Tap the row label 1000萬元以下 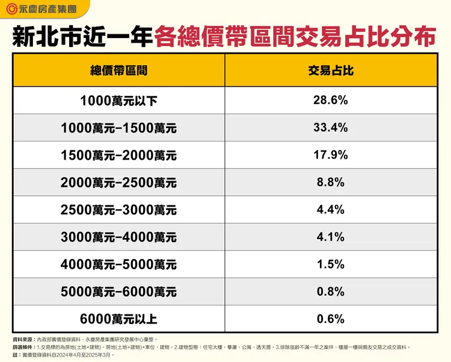[118, 101]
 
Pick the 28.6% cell [330, 101]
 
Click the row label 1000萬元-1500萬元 [118, 128]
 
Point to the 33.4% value [330, 128]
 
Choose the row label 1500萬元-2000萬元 [118, 156]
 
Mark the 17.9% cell [330, 155]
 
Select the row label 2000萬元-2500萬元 [118, 183]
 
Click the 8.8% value [330, 183]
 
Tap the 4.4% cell [330, 210]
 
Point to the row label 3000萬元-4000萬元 [118, 237]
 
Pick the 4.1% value [330, 237]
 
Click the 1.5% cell [330, 264]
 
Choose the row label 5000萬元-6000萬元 [118, 292]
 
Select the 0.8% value [330, 292]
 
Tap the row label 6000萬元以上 [118, 319]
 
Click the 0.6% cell [330, 319]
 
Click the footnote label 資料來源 [23, 340]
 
